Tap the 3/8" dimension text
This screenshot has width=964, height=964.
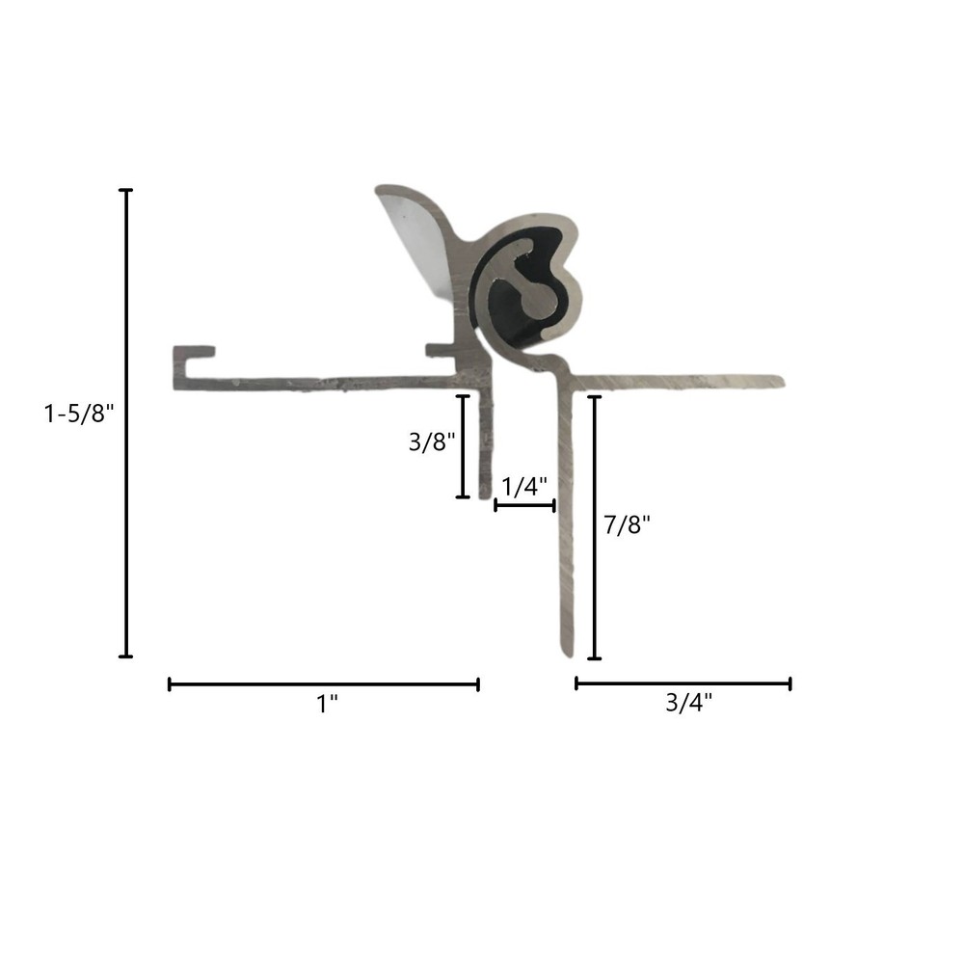pos(431,442)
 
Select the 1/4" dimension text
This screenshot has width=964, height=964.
pos(524,487)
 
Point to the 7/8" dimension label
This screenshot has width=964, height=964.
pos(627,525)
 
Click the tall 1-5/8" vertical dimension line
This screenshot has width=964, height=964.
pos(125,424)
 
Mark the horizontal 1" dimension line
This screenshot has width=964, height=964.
pos(324,684)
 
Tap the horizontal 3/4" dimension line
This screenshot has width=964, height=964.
pos(683,683)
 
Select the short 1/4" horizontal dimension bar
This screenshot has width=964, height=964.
pos(524,505)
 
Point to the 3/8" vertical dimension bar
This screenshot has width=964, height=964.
pos(463,446)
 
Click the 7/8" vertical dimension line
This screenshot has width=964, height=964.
pos(594,528)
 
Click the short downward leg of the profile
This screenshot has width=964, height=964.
pos(485,443)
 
